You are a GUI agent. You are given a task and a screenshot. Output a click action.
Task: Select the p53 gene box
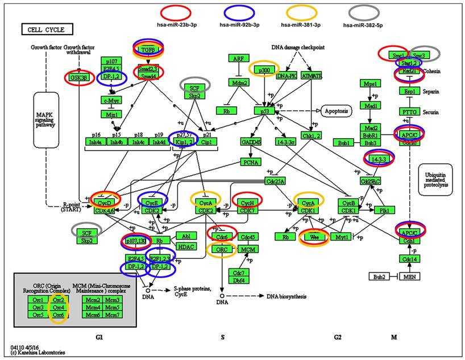coord(264,110)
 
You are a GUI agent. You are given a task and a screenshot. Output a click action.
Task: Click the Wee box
coord(314,237)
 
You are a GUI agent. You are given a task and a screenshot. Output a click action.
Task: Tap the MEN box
coord(409,277)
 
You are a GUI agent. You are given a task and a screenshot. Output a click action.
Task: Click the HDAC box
coord(185,246)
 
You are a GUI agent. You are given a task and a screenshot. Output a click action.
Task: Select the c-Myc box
coord(113,100)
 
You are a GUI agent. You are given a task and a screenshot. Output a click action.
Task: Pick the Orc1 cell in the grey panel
coord(38,299)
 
